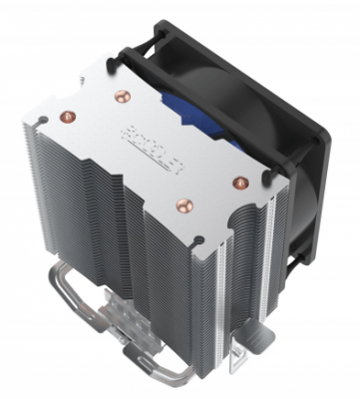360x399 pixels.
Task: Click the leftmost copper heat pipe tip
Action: tap(68, 114)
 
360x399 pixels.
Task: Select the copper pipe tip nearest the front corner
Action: tap(183, 204)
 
